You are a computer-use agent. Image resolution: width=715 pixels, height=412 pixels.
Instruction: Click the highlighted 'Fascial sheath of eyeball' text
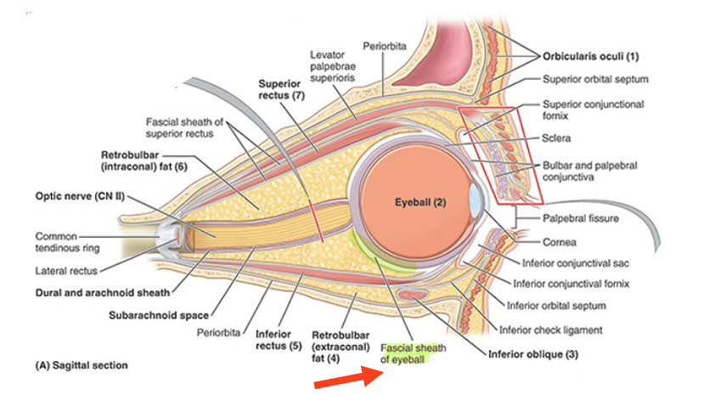(x=413, y=354)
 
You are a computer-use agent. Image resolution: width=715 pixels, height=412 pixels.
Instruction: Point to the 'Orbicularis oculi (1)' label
(x=590, y=57)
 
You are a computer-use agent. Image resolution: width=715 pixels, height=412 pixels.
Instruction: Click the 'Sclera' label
(x=556, y=137)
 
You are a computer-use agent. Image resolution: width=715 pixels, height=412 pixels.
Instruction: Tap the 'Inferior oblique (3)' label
(x=532, y=354)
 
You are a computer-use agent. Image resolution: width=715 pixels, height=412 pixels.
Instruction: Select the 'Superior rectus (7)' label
(x=280, y=90)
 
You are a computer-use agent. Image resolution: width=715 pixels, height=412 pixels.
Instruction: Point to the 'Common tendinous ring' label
(x=67, y=242)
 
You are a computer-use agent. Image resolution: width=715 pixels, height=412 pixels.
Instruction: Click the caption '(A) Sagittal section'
(x=82, y=365)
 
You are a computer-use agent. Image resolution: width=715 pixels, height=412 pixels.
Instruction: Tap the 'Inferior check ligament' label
(x=550, y=329)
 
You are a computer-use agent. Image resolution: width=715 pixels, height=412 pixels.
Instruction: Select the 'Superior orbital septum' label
(x=595, y=80)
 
